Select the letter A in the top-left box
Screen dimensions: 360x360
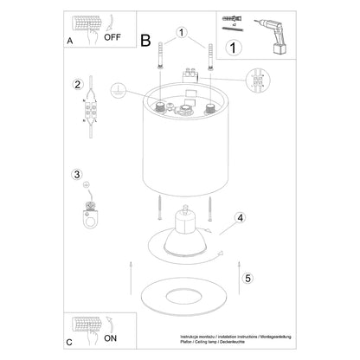coord(70,42)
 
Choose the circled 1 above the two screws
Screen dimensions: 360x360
coord(181,33)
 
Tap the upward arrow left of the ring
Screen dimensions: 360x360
coord(131,269)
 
